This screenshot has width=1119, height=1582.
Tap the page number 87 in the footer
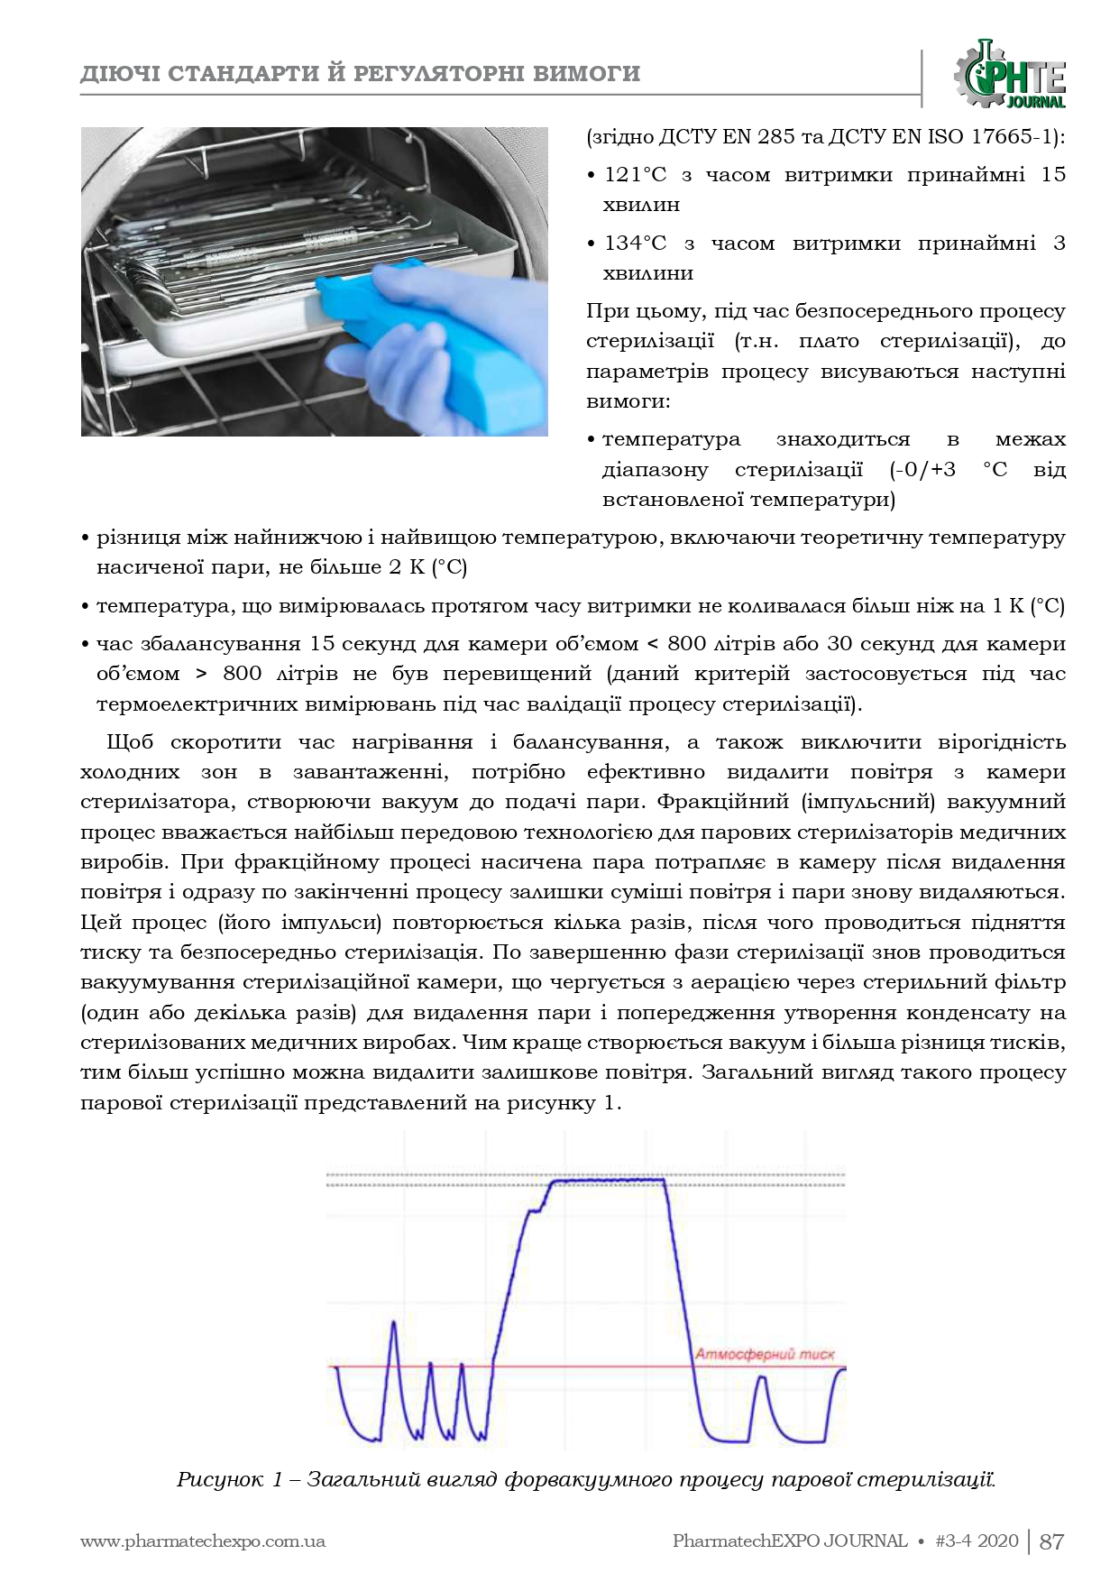[x=1052, y=1541]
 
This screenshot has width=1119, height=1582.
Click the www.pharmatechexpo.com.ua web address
[x=203, y=1541]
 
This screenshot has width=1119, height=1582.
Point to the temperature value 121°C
[x=635, y=175]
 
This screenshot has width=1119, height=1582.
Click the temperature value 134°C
[x=635, y=244]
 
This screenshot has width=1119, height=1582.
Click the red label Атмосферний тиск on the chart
[x=765, y=1354]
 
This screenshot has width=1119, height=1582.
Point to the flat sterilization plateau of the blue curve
[x=606, y=1180]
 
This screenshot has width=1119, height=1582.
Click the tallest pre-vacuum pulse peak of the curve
[x=394, y=1323]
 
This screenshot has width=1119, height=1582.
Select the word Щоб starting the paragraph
[x=130, y=742]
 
